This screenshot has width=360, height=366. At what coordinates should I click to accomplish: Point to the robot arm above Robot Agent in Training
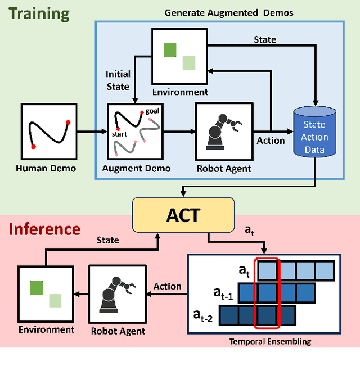223,130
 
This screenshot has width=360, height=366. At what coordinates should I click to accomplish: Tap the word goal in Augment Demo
152,111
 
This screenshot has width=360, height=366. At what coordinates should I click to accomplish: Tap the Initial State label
118,80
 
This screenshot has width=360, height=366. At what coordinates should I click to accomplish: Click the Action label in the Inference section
168,287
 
